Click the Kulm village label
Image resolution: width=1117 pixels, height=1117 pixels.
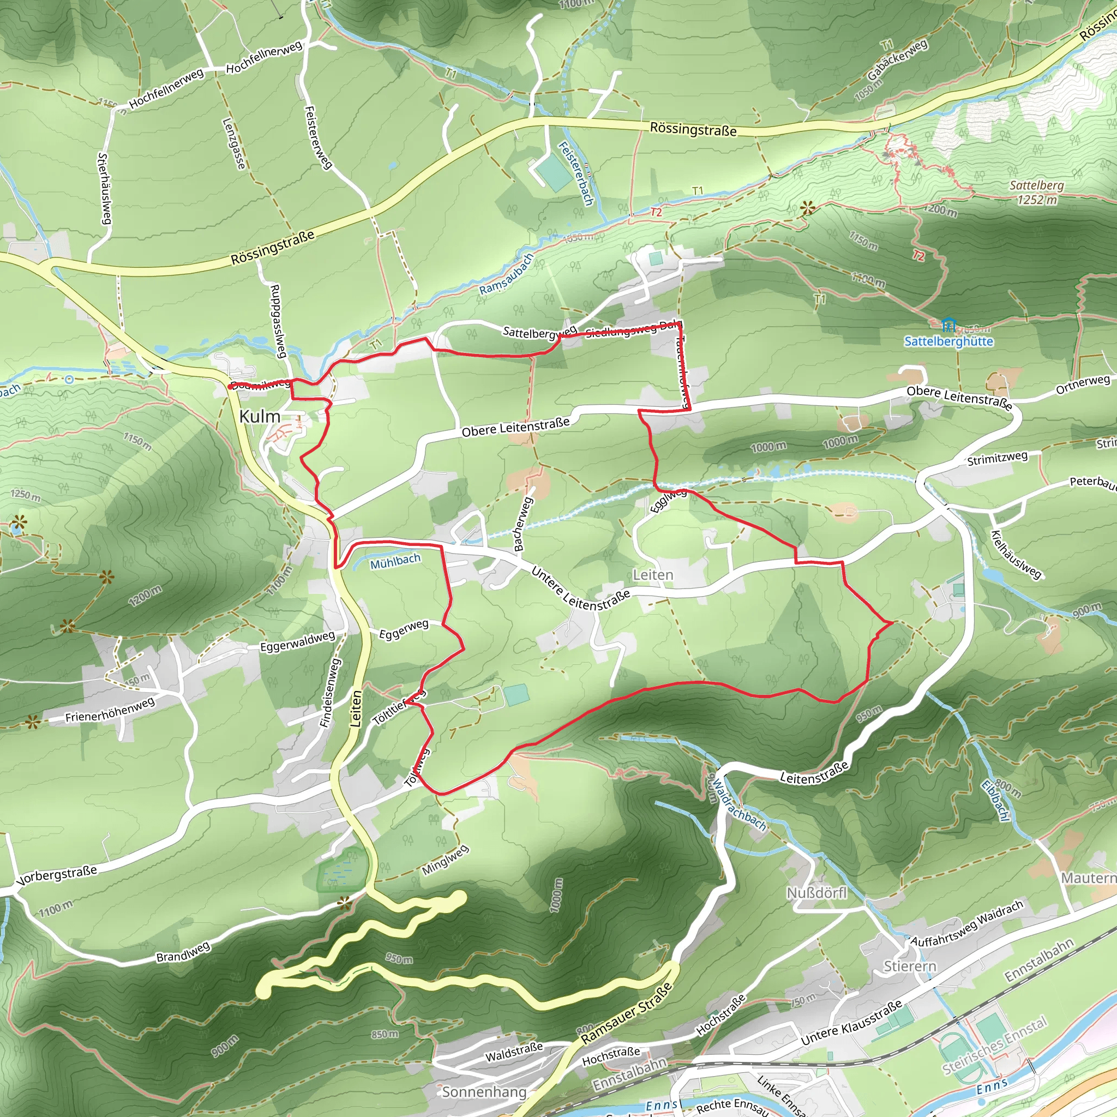[x=260, y=416]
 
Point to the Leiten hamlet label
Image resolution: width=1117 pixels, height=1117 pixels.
[x=653, y=575]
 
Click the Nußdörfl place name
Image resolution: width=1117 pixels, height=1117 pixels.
[x=816, y=893]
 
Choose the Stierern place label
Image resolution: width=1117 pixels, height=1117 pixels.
[x=909, y=966]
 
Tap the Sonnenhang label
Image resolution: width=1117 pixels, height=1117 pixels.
[x=484, y=1092]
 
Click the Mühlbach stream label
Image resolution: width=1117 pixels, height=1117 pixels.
[x=395, y=561]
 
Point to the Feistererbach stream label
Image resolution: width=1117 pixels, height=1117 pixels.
[x=576, y=174]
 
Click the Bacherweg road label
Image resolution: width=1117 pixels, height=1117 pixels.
[x=522, y=524]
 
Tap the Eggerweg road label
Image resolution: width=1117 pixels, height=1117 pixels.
[x=404, y=629]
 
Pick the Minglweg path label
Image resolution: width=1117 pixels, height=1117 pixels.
[x=445, y=860]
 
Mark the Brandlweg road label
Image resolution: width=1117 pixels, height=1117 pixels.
[x=183, y=952]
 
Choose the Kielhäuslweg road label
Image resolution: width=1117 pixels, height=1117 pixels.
[x=1016, y=555]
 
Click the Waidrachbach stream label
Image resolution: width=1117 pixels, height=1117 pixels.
[x=738, y=803]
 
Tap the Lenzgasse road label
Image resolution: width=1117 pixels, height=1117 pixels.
[x=233, y=144]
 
